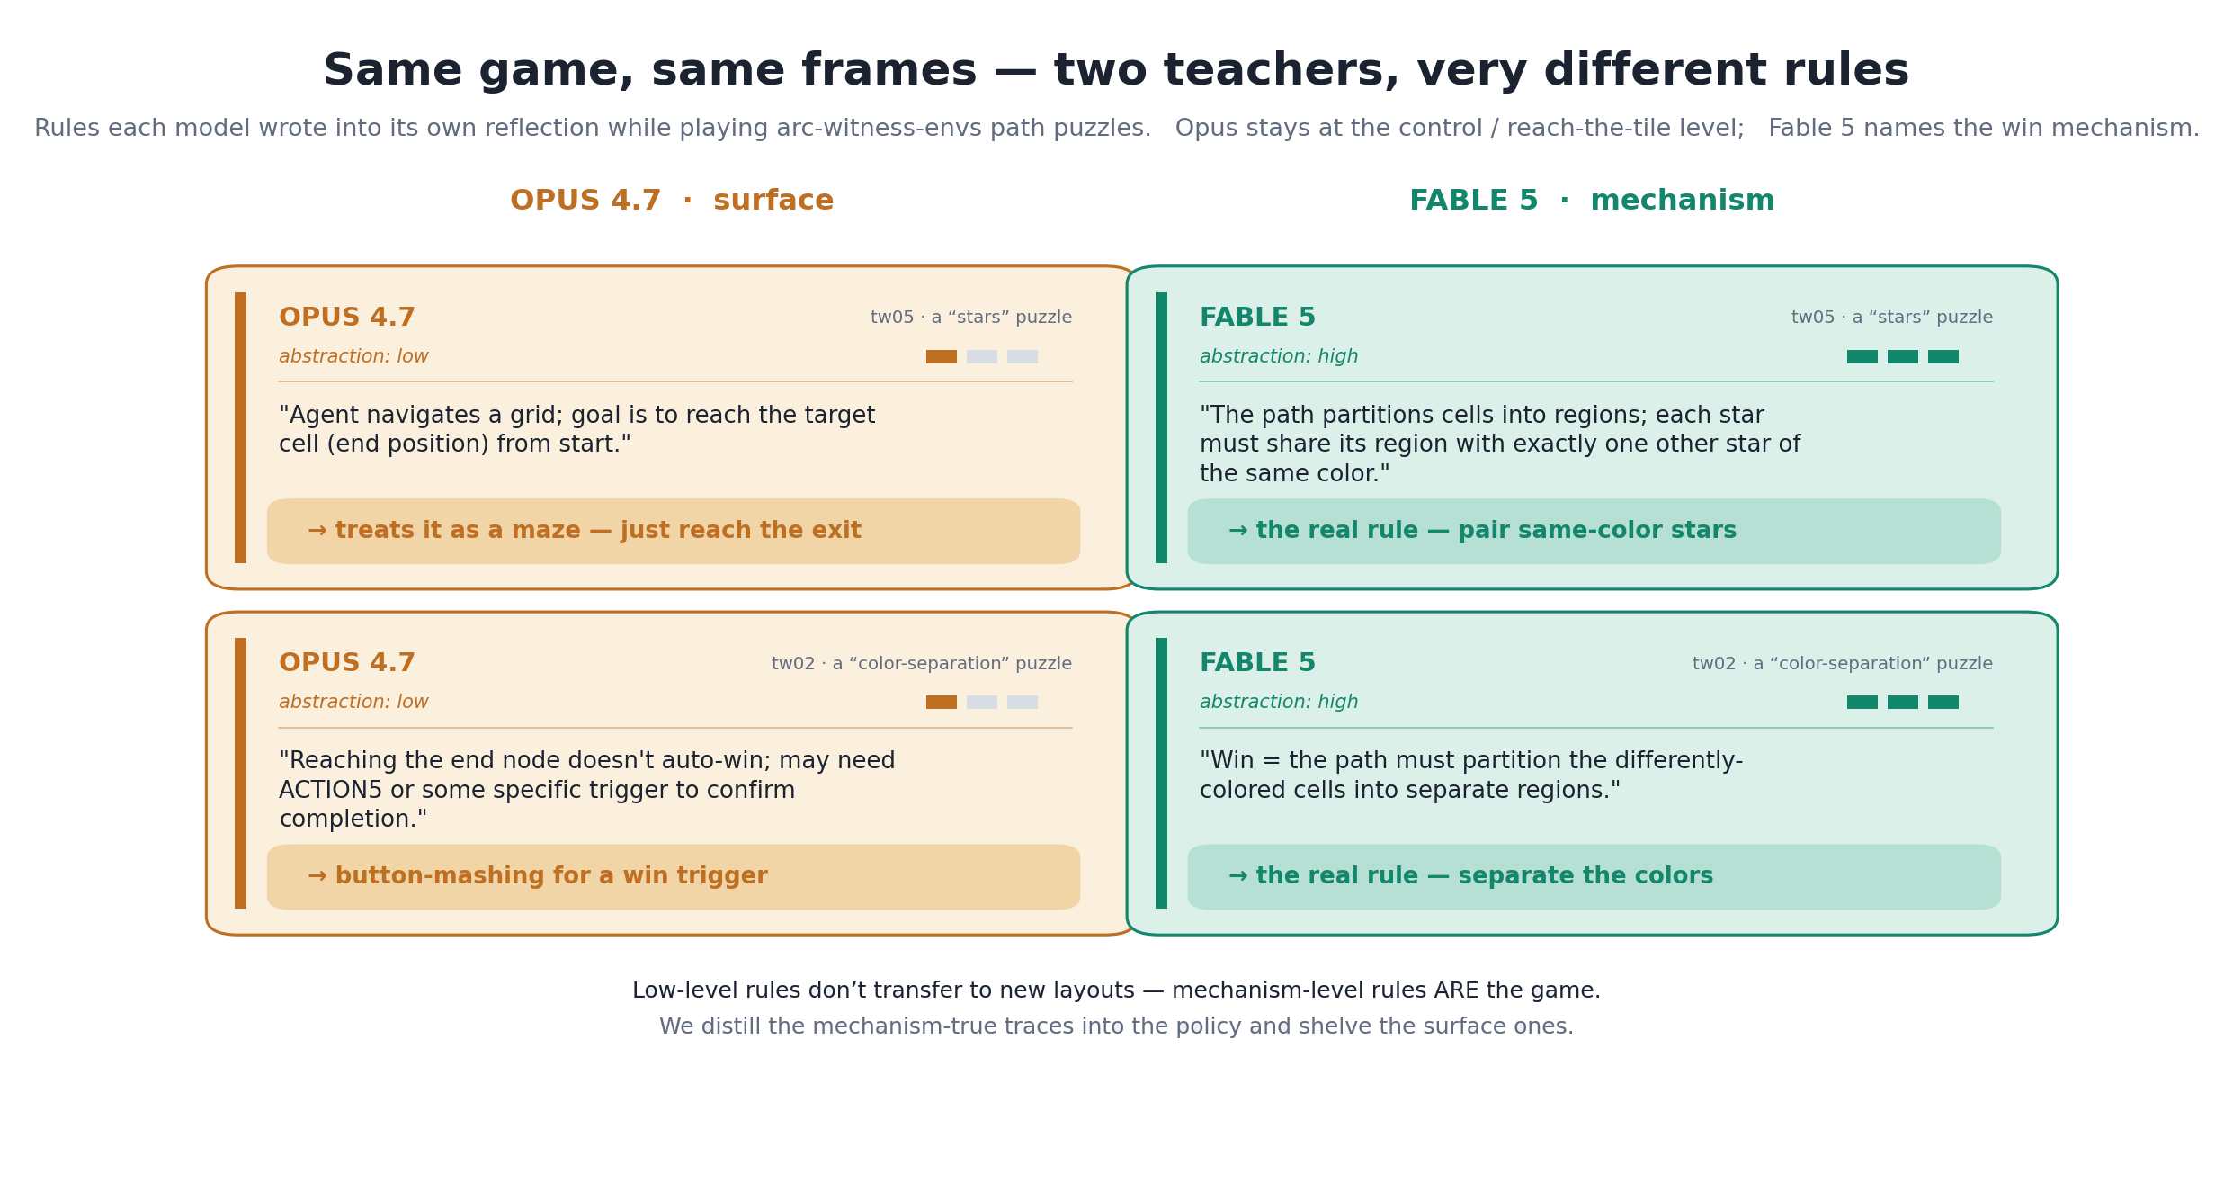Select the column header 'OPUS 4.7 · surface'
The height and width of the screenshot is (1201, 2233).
coord(672,201)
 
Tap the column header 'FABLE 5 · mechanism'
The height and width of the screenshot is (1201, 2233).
coord(1592,201)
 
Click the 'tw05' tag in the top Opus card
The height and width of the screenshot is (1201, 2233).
coord(891,318)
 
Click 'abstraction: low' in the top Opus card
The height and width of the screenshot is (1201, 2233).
coord(353,357)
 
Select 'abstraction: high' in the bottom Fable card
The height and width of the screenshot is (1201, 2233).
coord(1279,703)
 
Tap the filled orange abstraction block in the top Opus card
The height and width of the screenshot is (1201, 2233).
coord(942,357)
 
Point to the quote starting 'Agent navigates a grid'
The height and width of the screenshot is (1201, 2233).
coord(576,430)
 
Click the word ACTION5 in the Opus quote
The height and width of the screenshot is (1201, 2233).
coord(330,791)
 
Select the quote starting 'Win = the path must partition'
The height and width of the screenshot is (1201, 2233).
coord(1471,775)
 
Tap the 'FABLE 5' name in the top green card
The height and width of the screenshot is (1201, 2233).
coord(1257,318)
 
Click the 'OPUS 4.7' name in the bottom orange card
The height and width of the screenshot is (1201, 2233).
coord(347,663)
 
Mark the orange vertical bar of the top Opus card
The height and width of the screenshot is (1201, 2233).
coord(240,427)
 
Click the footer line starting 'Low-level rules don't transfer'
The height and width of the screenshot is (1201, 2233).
coord(1116,990)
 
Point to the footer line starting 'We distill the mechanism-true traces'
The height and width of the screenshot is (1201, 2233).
coord(1116,1026)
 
